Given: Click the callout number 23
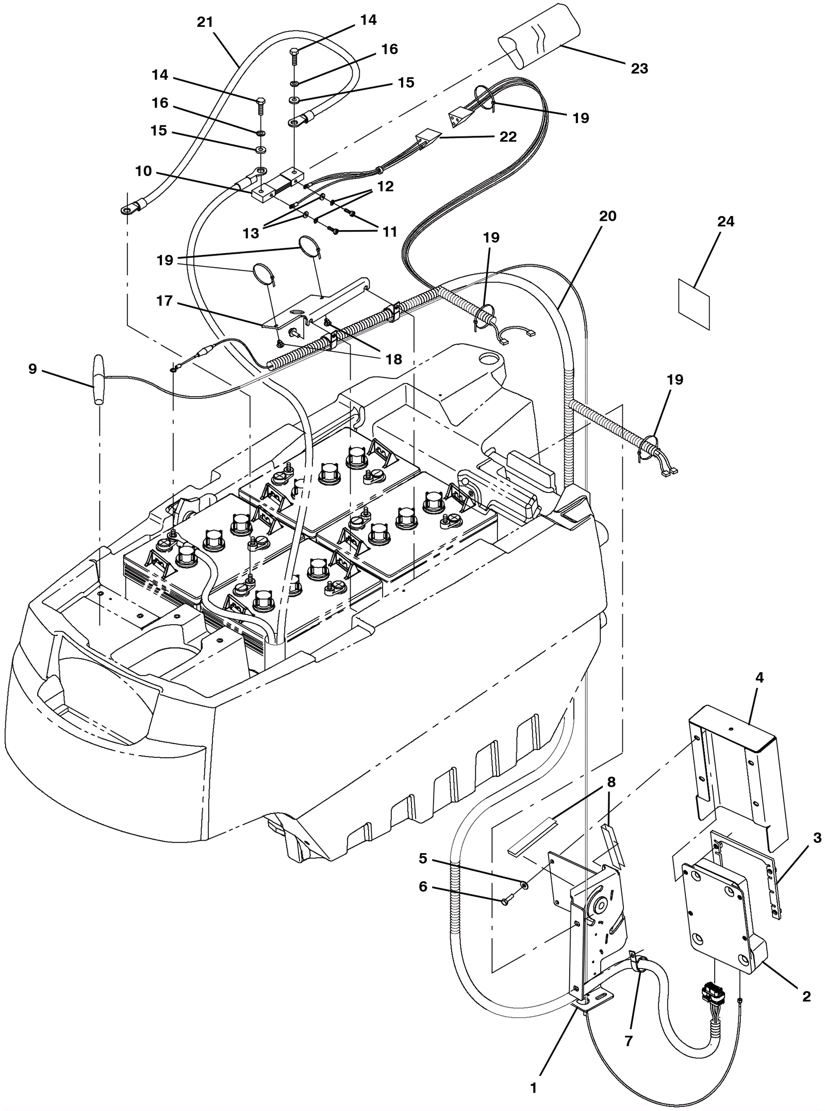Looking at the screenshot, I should coord(639,68).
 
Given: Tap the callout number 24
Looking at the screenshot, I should coord(725,221).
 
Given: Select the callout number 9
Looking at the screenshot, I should coord(32,369).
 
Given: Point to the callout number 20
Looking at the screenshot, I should coord(608,216).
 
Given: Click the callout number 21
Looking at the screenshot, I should coord(205,22).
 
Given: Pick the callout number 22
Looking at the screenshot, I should coord(508,137).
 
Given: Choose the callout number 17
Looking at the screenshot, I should coord(164,300).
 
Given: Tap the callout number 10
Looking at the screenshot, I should coord(143,171).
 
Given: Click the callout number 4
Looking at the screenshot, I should coord(759,677).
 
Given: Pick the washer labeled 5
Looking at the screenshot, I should coord(523,886).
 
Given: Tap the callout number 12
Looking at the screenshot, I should coord(385,186).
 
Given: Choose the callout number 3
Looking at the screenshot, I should coord(817,838).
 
